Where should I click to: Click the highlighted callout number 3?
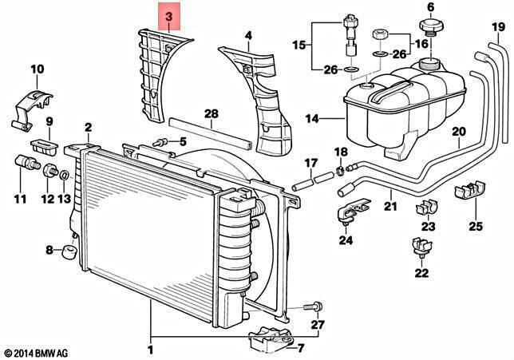[x=169, y=17]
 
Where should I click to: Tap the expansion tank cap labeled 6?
[x=431, y=26]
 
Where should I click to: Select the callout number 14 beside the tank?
[x=312, y=118]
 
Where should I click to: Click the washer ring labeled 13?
[x=65, y=176]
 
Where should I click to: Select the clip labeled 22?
[x=422, y=246]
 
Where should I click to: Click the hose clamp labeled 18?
[x=341, y=170]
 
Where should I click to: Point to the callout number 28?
[x=211, y=114]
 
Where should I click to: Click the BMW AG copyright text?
[x=37, y=353]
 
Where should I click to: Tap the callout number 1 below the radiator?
[x=151, y=350]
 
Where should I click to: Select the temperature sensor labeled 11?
[x=27, y=163]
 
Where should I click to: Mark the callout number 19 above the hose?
[x=499, y=27]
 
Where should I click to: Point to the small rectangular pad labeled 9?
[x=44, y=146]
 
